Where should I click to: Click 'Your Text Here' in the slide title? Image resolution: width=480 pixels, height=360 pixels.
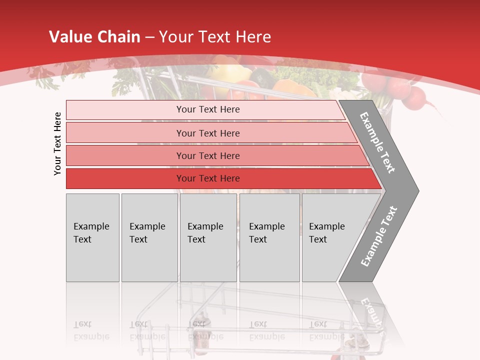[x=215, y=37]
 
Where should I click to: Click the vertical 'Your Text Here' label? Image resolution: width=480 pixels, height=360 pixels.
[x=57, y=143]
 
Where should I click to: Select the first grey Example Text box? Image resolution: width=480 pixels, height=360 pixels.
[x=92, y=237]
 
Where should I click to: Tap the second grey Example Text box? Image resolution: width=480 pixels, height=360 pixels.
[x=149, y=237]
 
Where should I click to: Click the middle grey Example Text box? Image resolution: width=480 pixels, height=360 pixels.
[x=208, y=237]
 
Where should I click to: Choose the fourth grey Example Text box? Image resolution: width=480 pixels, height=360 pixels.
[x=269, y=237]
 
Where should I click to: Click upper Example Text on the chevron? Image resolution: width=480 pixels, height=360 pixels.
[x=377, y=142]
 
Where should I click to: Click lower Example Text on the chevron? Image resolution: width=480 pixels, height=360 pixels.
[x=379, y=236]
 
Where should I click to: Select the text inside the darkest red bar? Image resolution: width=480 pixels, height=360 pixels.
[x=208, y=178]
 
